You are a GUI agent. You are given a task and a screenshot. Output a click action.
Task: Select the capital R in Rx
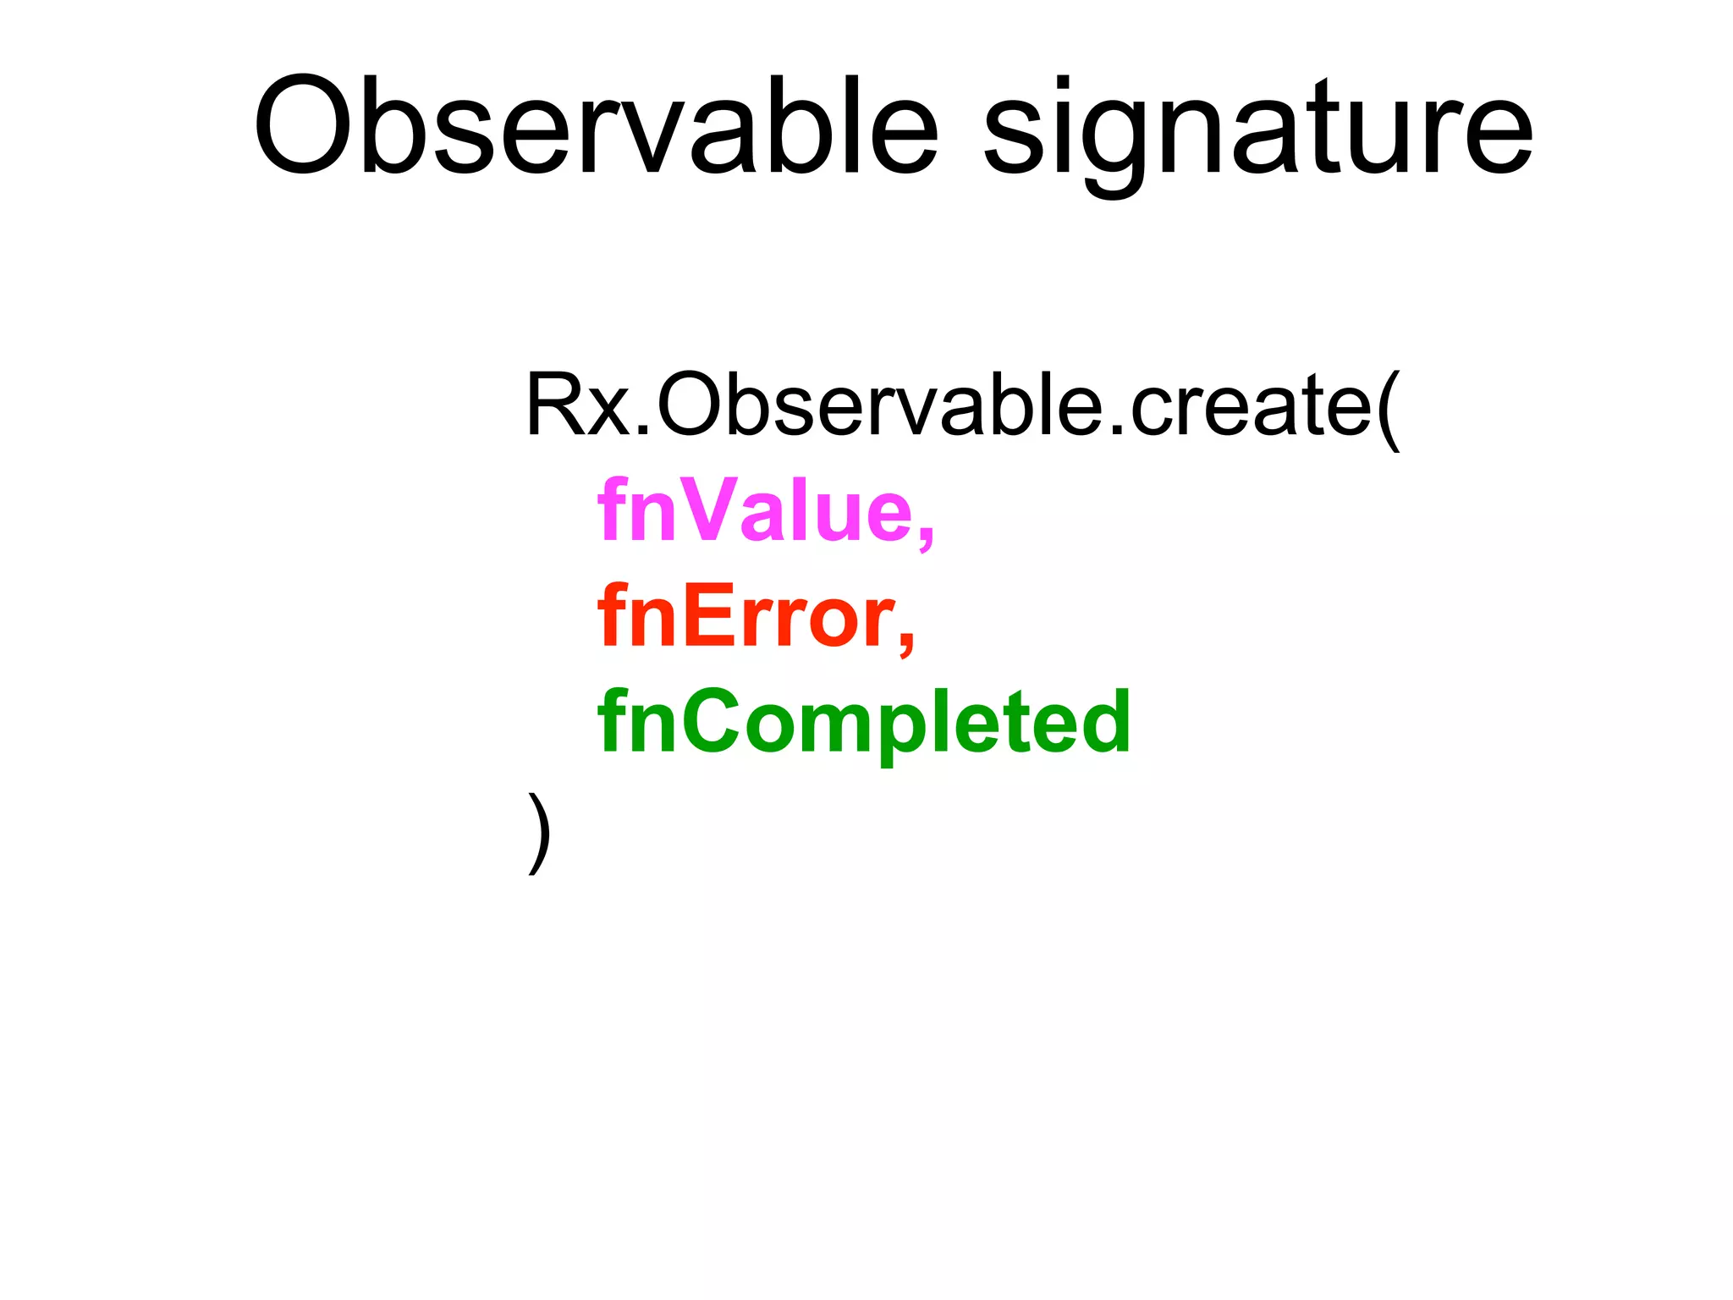coord(555,405)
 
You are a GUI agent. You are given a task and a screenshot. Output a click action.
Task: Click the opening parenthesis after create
coord(1389,410)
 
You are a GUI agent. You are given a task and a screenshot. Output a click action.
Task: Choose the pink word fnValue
coord(752,510)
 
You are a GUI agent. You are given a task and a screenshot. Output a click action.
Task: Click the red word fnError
coord(745,616)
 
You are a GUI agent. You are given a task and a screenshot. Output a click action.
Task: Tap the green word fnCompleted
coord(864,722)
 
